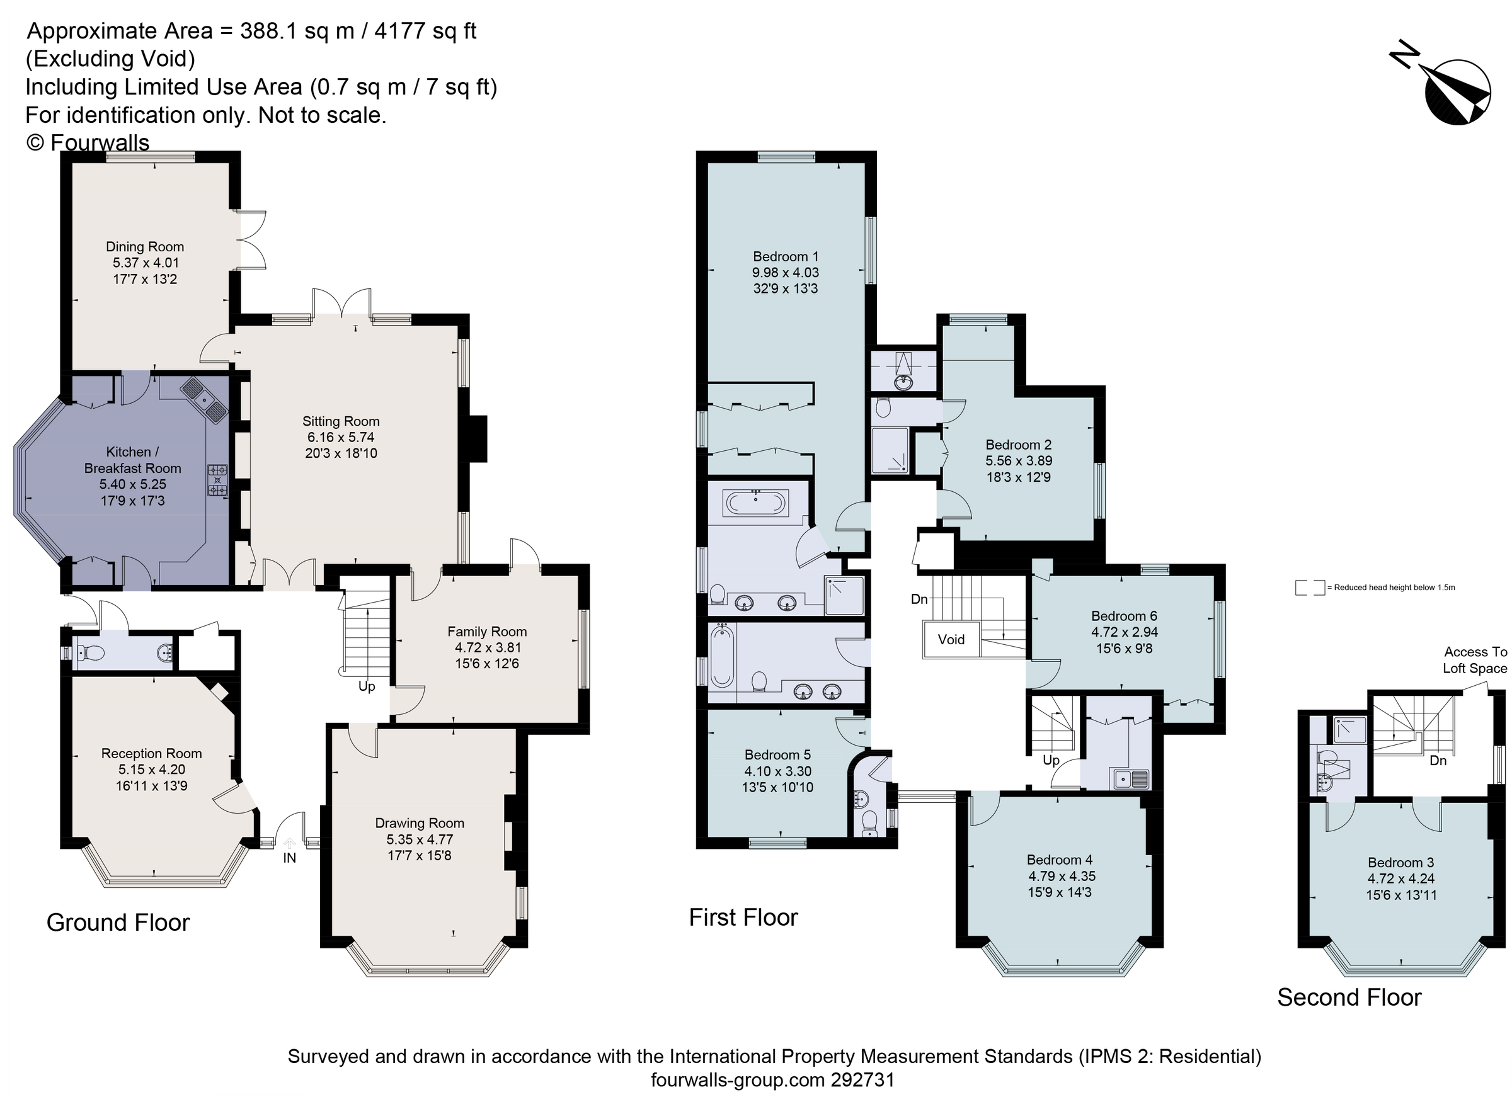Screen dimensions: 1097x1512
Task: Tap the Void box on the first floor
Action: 951,640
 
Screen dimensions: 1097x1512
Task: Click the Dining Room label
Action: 145,247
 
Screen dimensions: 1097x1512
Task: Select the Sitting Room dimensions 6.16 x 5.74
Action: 341,437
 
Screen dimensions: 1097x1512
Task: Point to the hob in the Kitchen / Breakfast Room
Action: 217,480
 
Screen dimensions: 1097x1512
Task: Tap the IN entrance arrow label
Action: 289,858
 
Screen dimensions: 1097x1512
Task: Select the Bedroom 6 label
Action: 1124,616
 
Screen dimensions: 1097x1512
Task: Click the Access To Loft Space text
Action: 1474,660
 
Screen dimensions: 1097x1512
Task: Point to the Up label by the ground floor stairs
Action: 367,686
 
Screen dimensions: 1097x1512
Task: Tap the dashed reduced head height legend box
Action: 1309,588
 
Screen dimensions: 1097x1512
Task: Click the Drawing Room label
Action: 420,823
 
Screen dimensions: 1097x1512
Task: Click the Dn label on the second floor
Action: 1438,761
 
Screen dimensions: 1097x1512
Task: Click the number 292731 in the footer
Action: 862,1079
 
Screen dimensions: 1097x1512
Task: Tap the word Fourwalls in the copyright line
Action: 100,142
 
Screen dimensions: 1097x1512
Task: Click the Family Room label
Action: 486,631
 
